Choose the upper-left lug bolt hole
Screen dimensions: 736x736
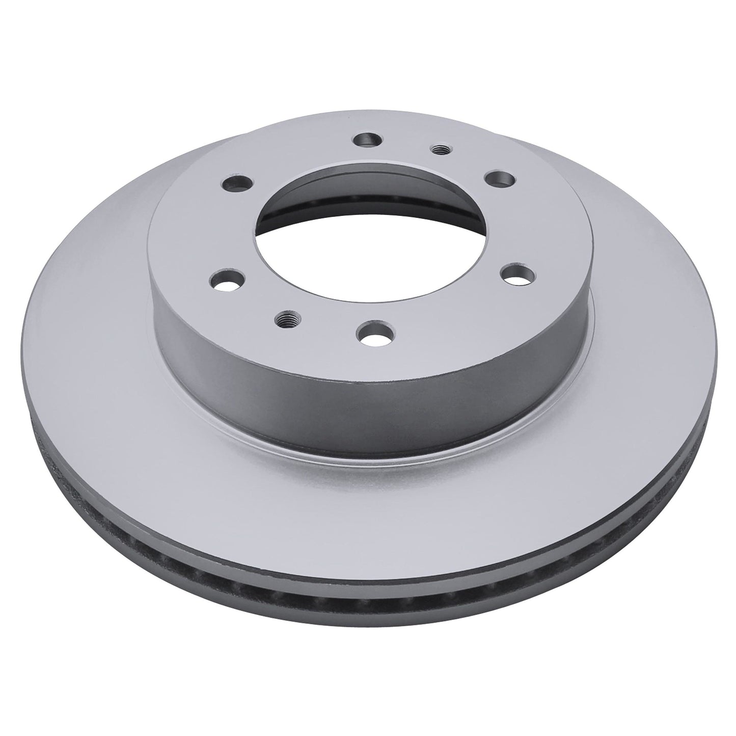pyautogui.click(x=234, y=183)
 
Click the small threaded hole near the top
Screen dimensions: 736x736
pyautogui.click(x=437, y=149)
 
